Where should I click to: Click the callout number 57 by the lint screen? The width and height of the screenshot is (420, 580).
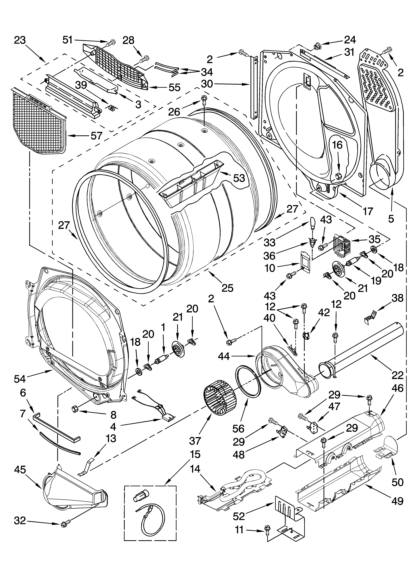coord(96,136)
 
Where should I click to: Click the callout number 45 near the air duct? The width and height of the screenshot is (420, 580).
coord(20,469)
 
